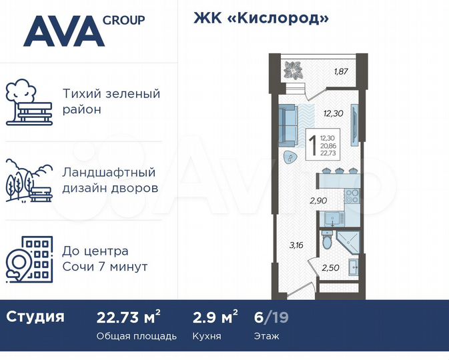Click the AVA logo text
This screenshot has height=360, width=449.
(x=64, y=32)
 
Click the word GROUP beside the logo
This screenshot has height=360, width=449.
(x=123, y=19)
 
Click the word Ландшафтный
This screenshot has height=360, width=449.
(x=108, y=173)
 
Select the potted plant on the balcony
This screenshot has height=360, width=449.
(x=293, y=69)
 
